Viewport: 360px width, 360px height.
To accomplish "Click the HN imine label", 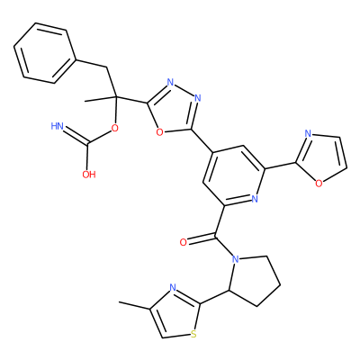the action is tap(58, 126).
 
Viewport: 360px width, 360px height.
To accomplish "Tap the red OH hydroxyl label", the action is tap(89, 175).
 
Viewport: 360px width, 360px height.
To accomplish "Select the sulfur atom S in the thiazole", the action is tap(193, 334).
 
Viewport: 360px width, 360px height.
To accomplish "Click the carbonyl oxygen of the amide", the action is tap(183, 242).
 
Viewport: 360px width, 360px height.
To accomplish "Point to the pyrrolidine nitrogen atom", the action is tap(236, 258).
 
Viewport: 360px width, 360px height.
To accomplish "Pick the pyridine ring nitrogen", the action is tap(255, 198).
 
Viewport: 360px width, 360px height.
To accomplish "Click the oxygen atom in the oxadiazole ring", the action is tap(160, 132).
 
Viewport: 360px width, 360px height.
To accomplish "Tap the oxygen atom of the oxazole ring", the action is tap(319, 183).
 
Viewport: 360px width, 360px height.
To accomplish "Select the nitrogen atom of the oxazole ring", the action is tap(307, 134).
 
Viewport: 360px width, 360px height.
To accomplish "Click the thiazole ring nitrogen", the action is tap(173, 288).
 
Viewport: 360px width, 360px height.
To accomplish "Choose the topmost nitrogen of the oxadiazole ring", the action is tap(170, 82).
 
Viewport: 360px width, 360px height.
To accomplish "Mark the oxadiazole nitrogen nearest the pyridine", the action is tap(197, 98).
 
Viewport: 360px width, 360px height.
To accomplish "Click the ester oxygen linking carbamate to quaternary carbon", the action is tap(114, 129).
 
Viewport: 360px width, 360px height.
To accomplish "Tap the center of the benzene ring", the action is tap(44, 52).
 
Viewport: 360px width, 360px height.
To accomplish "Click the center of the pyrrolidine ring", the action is tap(256, 280).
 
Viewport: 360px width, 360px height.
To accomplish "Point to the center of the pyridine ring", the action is tap(234, 175).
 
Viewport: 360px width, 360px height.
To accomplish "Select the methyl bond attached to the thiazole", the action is tap(134, 305).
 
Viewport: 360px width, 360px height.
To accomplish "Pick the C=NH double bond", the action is tap(76, 135).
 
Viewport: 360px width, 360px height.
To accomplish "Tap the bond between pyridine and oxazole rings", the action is tap(280, 166).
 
